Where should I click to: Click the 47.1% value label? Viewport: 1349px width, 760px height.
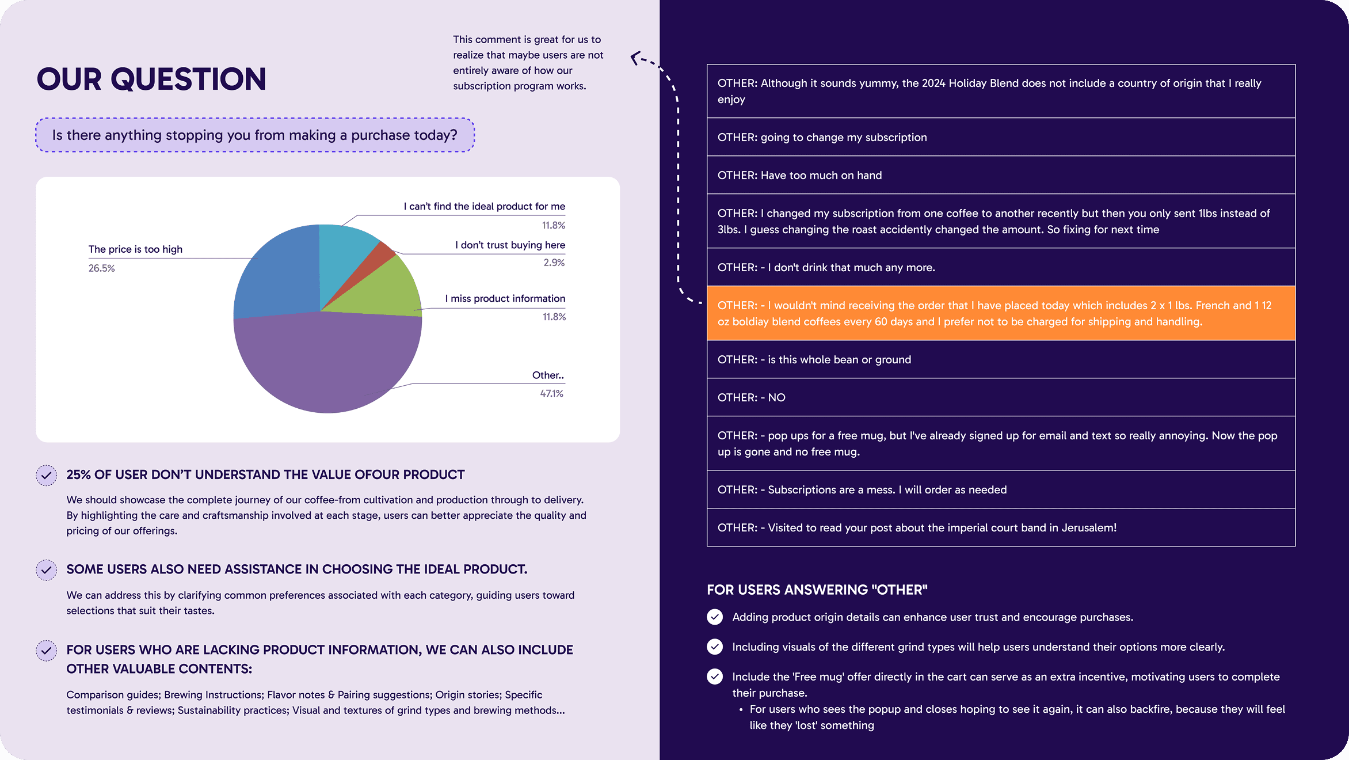[x=551, y=394]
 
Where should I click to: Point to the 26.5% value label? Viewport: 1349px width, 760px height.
[x=102, y=268]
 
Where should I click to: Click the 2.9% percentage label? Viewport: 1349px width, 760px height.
[x=554, y=263]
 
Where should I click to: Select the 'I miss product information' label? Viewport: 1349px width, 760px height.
[x=505, y=298]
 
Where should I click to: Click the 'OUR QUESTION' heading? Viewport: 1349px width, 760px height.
[x=151, y=79]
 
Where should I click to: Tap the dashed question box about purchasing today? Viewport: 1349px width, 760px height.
[x=255, y=135]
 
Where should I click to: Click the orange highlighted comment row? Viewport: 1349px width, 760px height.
[x=1001, y=313]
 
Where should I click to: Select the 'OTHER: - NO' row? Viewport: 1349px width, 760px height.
[x=1001, y=397]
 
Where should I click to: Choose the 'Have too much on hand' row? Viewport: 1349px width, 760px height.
[x=1001, y=175]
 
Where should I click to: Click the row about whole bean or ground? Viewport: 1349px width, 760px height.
[x=1001, y=359]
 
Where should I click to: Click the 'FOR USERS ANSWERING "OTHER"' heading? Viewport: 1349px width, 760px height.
[x=817, y=590]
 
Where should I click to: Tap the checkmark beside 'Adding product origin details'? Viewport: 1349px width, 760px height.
[x=715, y=617]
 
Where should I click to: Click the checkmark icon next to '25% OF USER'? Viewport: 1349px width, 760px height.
[x=47, y=475]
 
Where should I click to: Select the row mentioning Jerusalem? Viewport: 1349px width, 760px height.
[x=1001, y=527]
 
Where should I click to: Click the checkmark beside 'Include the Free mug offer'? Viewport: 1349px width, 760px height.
[x=715, y=677]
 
